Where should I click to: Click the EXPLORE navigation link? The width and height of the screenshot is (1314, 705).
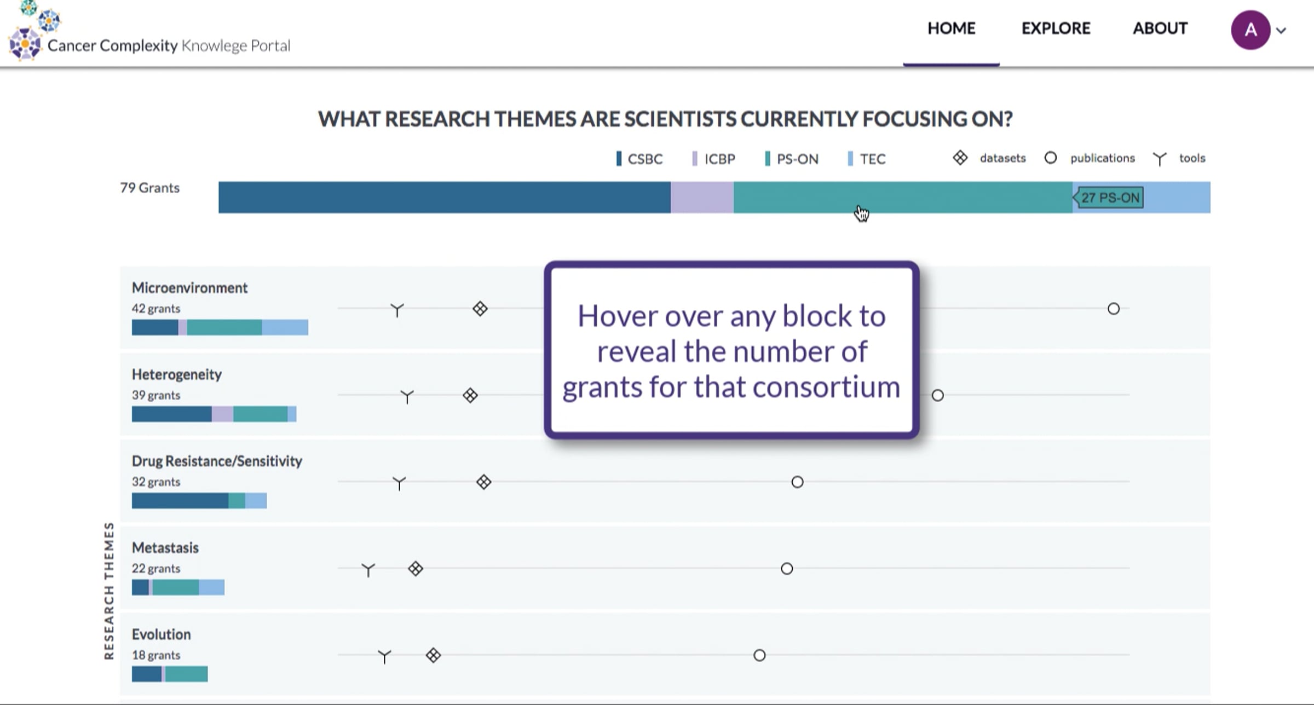coord(1056,28)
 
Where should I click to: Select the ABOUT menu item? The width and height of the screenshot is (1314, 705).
coord(1160,28)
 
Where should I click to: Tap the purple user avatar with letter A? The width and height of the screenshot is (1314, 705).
coord(1250,30)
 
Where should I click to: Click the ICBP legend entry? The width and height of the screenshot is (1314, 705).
coord(713,159)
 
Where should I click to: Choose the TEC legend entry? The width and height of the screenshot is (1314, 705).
coord(866,159)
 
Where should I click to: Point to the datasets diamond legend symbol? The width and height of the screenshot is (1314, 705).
coord(960,158)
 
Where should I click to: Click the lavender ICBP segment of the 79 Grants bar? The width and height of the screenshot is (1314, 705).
coord(702,197)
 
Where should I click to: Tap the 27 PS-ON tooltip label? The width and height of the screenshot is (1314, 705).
coord(1109,198)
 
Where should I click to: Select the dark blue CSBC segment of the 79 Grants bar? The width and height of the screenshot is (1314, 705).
coord(445,197)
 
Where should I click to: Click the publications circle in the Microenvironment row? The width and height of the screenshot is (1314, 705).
coord(1114,309)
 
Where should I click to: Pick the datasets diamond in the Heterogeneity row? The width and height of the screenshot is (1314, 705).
coord(470,395)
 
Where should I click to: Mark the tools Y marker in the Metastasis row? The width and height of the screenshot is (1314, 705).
coord(368,570)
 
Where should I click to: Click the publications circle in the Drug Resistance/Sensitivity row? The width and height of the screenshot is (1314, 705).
coord(797,482)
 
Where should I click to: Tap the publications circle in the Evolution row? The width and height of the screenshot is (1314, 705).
coord(759,655)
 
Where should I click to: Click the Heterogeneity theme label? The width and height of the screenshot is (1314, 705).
coord(177,375)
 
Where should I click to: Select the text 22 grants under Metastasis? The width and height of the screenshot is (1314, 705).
coord(156,568)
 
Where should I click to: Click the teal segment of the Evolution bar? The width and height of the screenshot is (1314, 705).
coord(187,674)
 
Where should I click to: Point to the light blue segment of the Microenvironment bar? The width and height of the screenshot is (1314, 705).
coord(285,327)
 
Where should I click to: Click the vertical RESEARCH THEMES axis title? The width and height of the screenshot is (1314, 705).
coord(109,591)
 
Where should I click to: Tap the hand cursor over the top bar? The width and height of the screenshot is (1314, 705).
coord(861,213)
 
